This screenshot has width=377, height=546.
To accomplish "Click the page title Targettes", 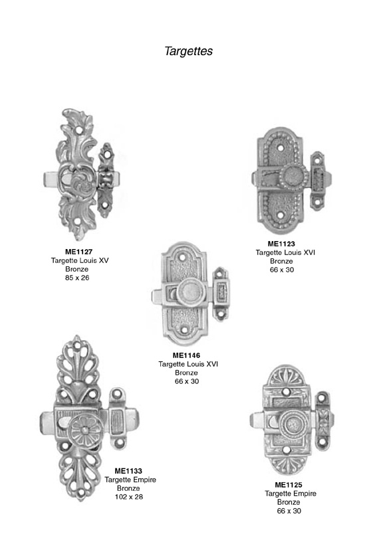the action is (188, 51).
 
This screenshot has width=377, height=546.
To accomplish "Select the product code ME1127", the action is (78, 251).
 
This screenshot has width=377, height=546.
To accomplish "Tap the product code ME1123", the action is (281, 244).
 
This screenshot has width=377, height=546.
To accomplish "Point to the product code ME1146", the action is (186, 355).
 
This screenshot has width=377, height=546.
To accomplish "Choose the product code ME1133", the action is (128, 471).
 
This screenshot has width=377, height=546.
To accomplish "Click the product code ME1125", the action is (289, 485).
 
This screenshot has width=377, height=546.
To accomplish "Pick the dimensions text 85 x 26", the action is (77, 278).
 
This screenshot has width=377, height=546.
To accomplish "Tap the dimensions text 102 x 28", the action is (129, 497).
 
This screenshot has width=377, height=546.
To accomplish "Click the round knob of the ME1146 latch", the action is (189, 292).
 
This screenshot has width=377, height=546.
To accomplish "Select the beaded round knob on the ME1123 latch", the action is (295, 177).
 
